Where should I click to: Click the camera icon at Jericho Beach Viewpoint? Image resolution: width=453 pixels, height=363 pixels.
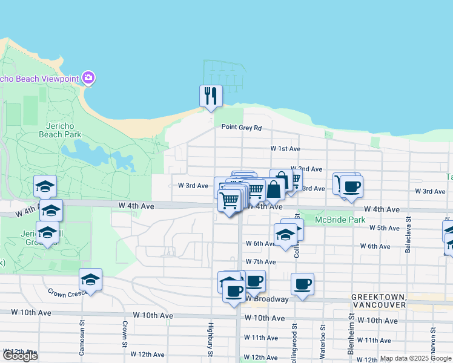pyautogui.click(x=88, y=77)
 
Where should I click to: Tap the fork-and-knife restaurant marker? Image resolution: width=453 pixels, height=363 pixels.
pyautogui.click(x=211, y=96)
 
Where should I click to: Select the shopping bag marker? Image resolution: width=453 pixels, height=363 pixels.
pyautogui.click(x=274, y=189)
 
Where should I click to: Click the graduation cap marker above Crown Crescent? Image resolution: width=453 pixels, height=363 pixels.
pyautogui.click(x=90, y=280)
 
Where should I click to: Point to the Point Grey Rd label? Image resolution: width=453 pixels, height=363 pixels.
pyautogui.click(x=241, y=127)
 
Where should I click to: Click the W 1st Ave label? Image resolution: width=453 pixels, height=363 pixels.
pyautogui.click(x=285, y=148)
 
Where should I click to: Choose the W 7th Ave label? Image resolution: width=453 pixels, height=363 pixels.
pyautogui.click(x=260, y=262)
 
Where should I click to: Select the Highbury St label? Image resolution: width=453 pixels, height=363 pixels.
pyautogui.click(x=211, y=338)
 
